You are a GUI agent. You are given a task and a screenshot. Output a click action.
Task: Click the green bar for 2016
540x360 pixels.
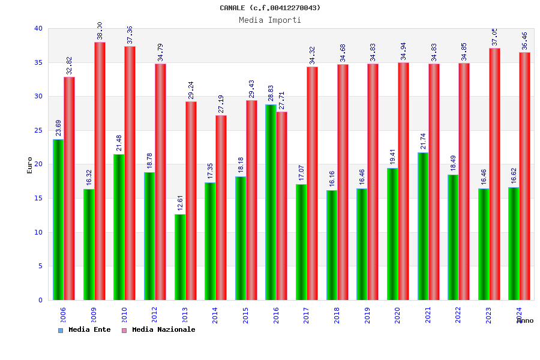pyautogui.click(x=271, y=202)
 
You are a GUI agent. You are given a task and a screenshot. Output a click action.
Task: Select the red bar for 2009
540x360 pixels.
pyautogui.click(x=100, y=171)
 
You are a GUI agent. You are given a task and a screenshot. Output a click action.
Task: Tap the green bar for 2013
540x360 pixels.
pyautogui.click(x=180, y=257)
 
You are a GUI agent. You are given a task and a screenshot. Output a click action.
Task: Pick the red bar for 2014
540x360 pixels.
pyautogui.click(x=221, y=208)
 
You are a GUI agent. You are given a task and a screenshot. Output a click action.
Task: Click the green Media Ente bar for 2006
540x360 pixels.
pyautogui.click(x=58, y=220)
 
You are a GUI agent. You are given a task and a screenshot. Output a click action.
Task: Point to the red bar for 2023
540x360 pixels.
pyautogui.click(x=494, y=174)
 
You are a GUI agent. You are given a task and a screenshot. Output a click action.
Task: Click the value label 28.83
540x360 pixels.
pyautogui.click(x=271, y=93)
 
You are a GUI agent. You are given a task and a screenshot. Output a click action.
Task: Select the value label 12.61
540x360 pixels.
pyautogui.click(x=180, y=203)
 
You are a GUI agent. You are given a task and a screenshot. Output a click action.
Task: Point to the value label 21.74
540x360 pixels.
pyautogui.click(x=423, y=141)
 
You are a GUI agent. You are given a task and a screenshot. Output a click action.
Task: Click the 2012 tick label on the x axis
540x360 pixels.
pyautogui.click(x=154, y=315)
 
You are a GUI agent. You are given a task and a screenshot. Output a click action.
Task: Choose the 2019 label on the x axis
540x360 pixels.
pyautogui.click(x=367, y=315)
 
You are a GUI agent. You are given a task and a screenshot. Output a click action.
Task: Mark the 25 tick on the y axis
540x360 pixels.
pyautogui.click(x=38, y=130)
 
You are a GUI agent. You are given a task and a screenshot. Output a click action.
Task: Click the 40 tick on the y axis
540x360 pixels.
pyautogui.click(x=38, y=28)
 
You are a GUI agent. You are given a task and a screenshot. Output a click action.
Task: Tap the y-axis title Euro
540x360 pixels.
pyautogui.click(x=30, y=165)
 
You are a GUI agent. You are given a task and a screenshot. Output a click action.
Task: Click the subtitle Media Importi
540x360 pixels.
pyautogui.click(x=270, y=20)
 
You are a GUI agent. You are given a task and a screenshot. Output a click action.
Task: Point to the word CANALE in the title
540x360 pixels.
pyautogui.click(x=232, y=8)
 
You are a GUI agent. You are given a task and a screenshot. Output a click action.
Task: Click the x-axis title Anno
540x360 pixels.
pyautogui.click(x=525, y=320)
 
